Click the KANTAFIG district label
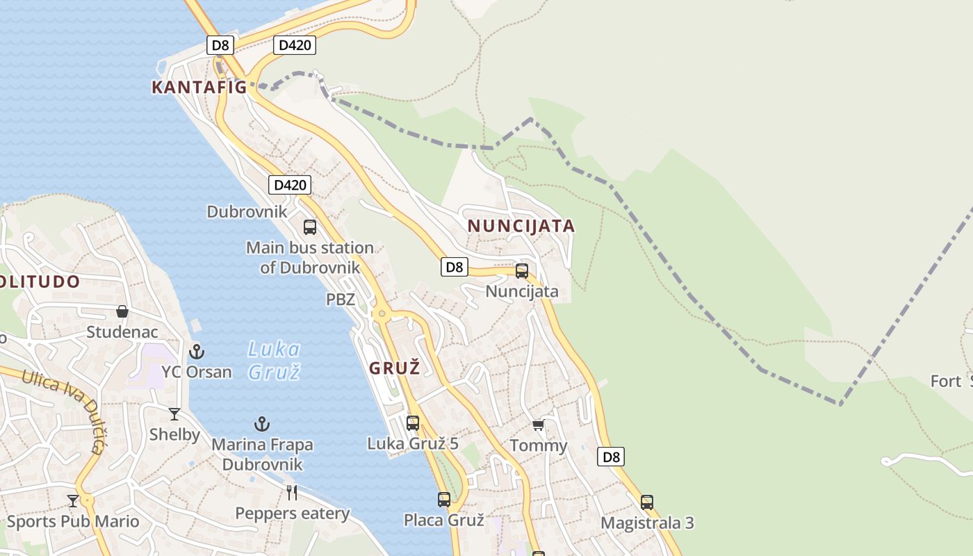click(x=199, y=87)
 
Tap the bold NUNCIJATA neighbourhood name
click(x=521, y=226)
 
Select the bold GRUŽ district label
click(x=395, y=368)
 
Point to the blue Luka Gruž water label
click(x=274, y=360)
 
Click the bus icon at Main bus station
click(x=310, y=227)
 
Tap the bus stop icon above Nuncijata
click(x=522, y=271)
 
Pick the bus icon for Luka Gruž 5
click(x=413, y=423)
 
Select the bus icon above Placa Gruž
click(x=444, y=499)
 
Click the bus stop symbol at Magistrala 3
click(x=647, y=502)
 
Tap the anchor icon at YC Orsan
click(x=197, y=351)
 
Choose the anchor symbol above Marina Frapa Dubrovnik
click(x=262, y=423)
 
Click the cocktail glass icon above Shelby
click(x=174, y=414)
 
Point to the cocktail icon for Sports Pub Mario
click(x=73, y=500)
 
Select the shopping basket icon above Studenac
click(x=122, y=311)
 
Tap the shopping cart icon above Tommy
click(x=539, y=424)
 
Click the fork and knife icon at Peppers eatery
click(x=292, y=493)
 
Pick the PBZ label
click(x=341, y=300)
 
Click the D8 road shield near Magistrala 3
click(x=611, y=457)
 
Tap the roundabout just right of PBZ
click(x=380, y=314)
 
